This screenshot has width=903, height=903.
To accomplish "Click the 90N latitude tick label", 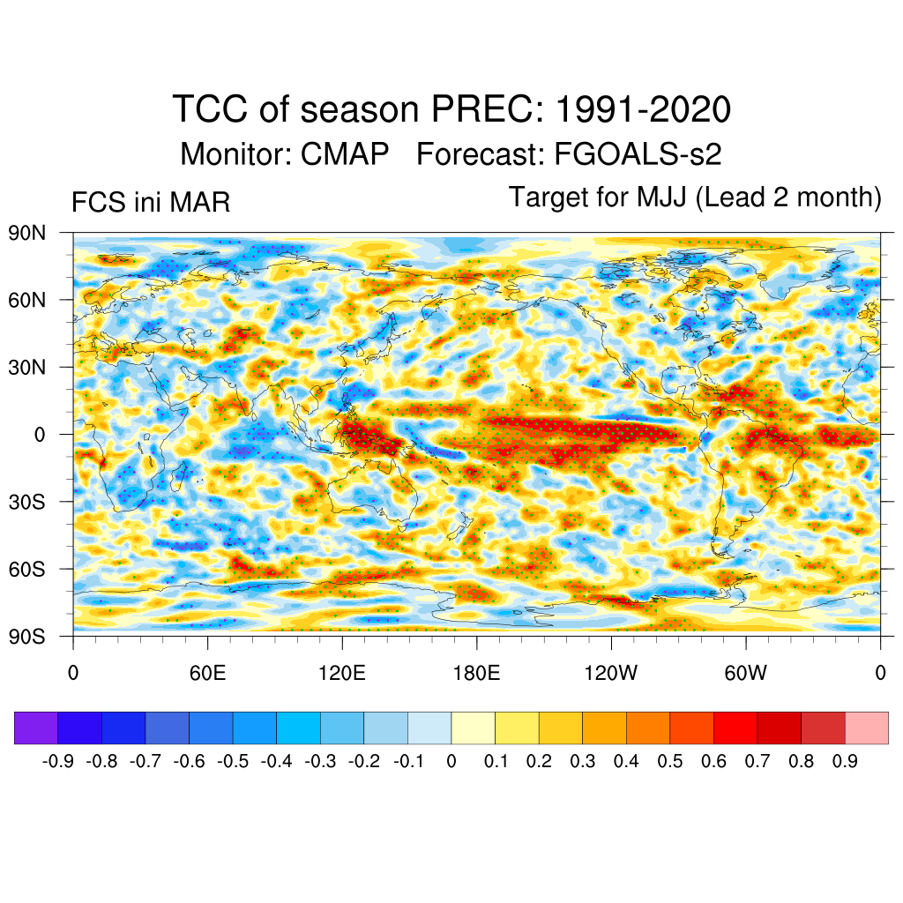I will pyautogui.click(x=28, y=234).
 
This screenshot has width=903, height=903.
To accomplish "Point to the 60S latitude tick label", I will pyautogui.click(x=28, y=569).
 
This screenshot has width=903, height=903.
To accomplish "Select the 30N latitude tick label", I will pyautogui.click(x=28, y=367).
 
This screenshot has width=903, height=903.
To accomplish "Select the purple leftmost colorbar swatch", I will pyautogui.click(x=36, y=728).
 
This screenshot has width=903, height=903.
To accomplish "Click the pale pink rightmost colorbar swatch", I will pyautogui.click(x=867, y=728).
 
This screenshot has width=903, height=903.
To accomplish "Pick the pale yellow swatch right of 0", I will pyautogui.click(x=473, y=728).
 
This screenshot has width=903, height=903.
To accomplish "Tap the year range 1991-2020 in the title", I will pyautogui.click(x=643, y=110).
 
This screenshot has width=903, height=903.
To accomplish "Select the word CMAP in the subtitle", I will pyautogui.click(x=345, y=154).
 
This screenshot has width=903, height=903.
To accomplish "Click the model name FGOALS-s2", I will pyautogui.click(x=638, y=154).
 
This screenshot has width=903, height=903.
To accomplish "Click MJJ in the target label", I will pyautogui.click(x=664, y=197).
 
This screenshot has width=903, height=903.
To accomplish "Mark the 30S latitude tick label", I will pyautogui.click(x=28, y=502).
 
